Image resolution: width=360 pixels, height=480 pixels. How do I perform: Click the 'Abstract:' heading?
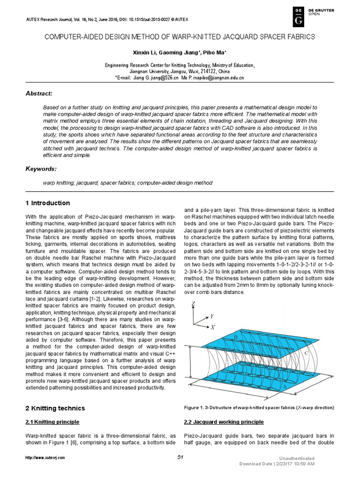pyautogui.click(x=39, y=94)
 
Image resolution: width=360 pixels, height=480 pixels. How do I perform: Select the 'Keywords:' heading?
pyautogui.click(x=41, y=168)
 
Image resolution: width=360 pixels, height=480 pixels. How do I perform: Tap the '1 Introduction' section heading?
pyautogui.click(x=47, y=203)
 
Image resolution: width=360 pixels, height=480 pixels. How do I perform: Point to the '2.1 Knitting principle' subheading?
pyautogui.click(x=52, y=422)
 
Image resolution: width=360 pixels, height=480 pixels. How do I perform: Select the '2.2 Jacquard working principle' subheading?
pyautogui.click(x=224, y=422)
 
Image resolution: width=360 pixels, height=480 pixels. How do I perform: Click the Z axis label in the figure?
pyautogui.click(x=193, y=305)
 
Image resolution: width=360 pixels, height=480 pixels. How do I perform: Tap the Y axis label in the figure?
pyautogui.click(x=211, y=316)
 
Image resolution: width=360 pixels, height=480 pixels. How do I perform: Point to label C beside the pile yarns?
pyautogui.click(x=306, y=352)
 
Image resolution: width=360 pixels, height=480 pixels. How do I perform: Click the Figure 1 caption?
pyautogui.click(x=259, y=408)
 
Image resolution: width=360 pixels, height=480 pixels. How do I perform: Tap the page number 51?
pyautogui.click(x=180, y=457)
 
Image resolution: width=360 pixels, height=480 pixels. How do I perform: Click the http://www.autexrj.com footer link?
pyautogui.click(x=45, y=457)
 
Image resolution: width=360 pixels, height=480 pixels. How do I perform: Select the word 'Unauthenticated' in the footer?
pyautogui.click(x=297, y=458)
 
